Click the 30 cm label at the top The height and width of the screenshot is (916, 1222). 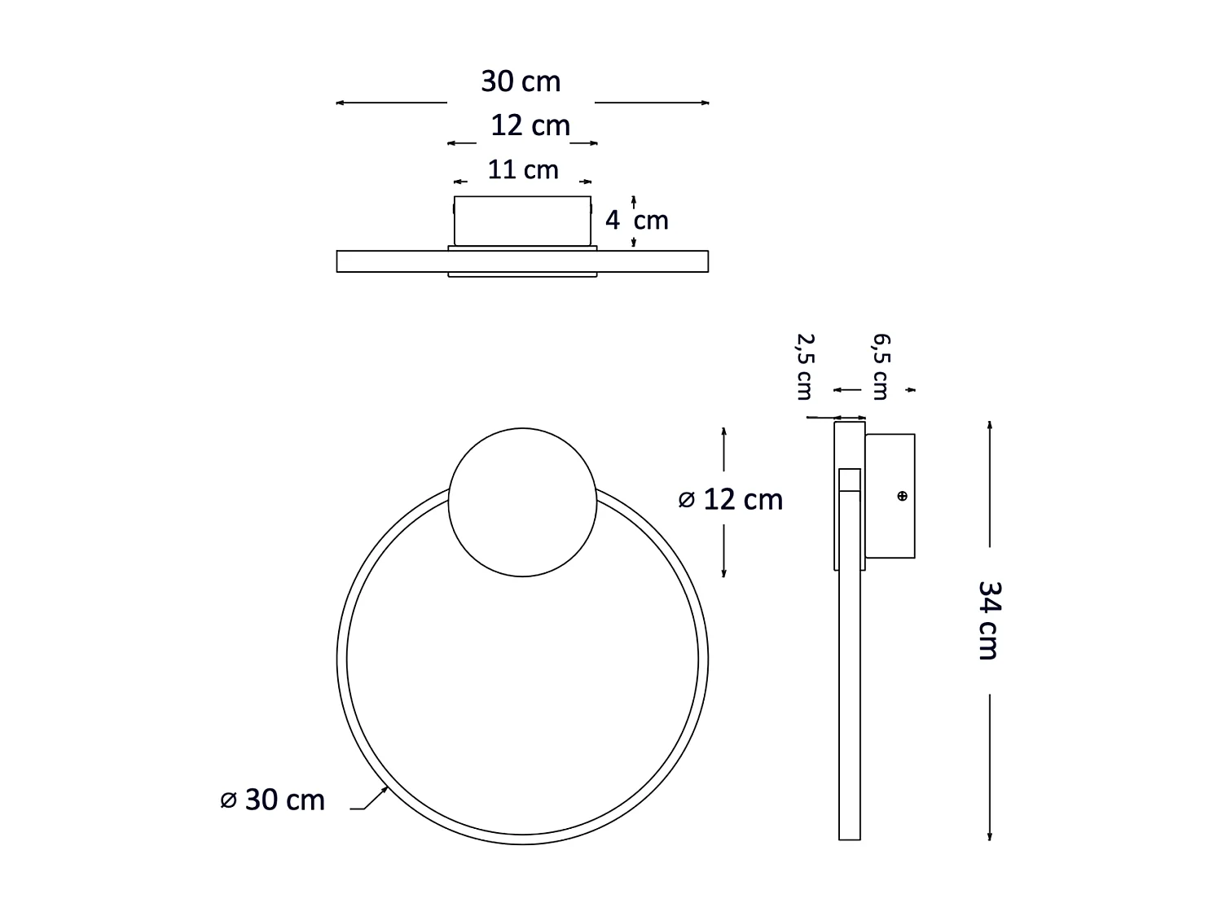pos(521,82)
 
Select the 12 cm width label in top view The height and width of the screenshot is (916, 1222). pos(530,126)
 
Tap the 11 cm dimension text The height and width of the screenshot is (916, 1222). pos(523,170)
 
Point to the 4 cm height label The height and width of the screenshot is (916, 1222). pos(636,221)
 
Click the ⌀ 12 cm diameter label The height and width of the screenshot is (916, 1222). pos(731,499)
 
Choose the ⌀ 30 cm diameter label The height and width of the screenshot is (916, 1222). pos(273,800)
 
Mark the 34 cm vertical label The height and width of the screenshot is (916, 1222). pos(988,620)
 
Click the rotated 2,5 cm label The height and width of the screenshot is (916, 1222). pos(805,366)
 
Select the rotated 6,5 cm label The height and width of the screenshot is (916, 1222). pos(881,366)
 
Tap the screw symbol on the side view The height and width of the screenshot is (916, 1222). pos(902,496)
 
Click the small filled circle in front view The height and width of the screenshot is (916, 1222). pos(523,502)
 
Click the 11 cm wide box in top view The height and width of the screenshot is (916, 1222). pos(523,221)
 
